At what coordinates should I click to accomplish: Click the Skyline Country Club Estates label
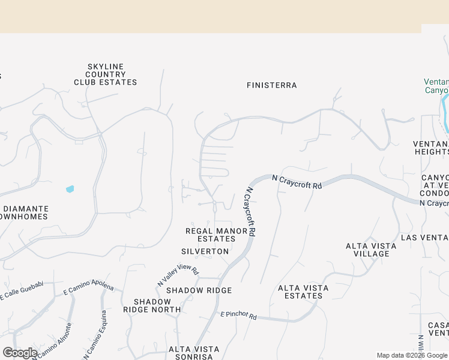click(x=106, y=74)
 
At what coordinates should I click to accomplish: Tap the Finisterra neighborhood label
click(x=272, y=85)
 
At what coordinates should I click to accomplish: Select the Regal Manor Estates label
click(x=216, y=235)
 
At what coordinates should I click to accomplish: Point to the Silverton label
click(x=205, y=251)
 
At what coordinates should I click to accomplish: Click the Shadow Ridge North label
click(x=152, y=305)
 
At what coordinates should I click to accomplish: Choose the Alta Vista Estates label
click(x=303, y=292)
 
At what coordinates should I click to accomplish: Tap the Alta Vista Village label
click(x=371, y=250)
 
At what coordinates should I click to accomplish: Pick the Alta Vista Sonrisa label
click(x=194, y=352)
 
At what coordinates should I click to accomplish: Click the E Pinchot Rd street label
click(x=238, y=315)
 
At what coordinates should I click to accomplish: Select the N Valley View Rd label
click(x=178, y=275)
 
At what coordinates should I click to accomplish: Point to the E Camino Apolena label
click(x=88, y=287)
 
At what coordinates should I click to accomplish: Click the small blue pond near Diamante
click(x=70, y=189)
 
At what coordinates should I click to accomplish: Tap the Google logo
click(x=20, y=353)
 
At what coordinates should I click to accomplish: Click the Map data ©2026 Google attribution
click(x=412, y=355)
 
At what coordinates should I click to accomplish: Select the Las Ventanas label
click(x=424, y=238)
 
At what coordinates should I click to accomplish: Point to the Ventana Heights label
click(x=430, y=148)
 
